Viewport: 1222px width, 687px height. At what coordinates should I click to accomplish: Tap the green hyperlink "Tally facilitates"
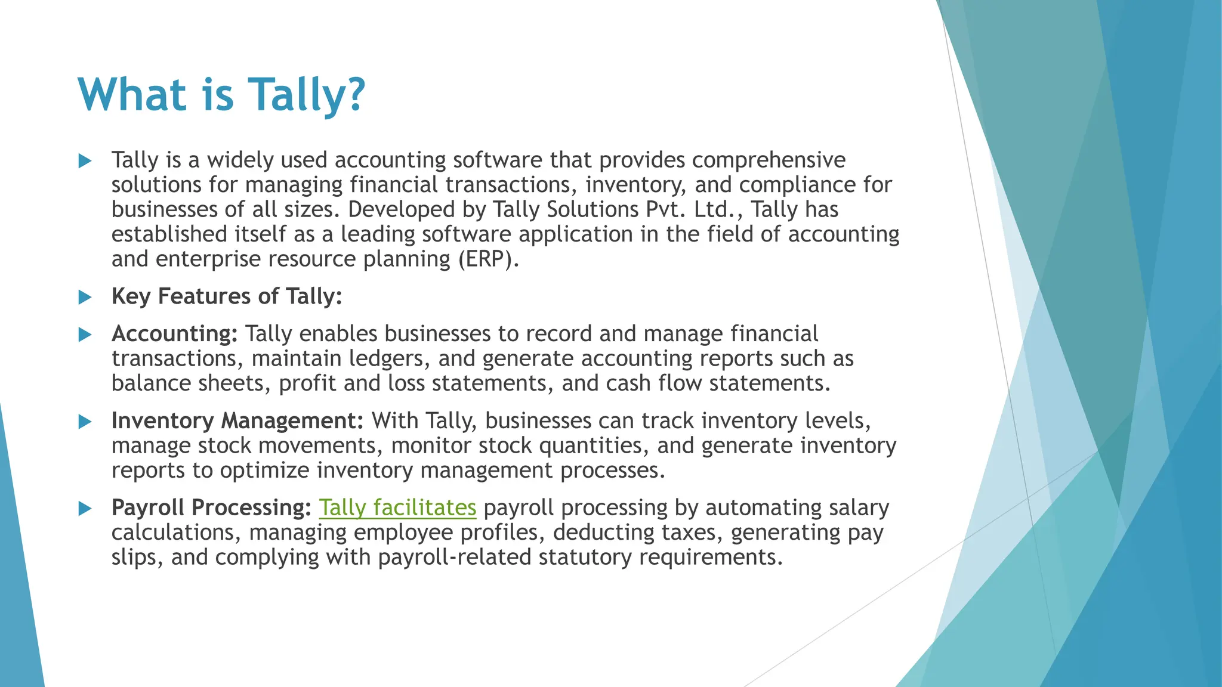point(397,507)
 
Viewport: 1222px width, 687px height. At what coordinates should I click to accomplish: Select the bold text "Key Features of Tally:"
point(227,296)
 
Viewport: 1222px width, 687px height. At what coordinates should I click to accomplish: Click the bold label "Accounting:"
point(174,334)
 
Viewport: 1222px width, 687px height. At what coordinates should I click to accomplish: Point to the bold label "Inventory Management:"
point(237,421)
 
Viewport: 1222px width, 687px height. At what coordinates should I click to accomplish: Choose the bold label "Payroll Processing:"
point(211,507)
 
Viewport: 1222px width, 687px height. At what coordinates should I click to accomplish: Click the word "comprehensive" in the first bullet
point(769,160)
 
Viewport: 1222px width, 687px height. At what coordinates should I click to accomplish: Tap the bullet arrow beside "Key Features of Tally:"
point(85,297)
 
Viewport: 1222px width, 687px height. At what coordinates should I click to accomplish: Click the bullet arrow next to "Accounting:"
point(85,335)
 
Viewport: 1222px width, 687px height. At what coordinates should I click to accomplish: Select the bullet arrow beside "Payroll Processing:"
point(85,508)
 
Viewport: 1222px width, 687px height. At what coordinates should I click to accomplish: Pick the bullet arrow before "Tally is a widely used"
point(85,160)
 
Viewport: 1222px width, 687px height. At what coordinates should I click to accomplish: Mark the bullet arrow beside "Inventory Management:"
point(85,422)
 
